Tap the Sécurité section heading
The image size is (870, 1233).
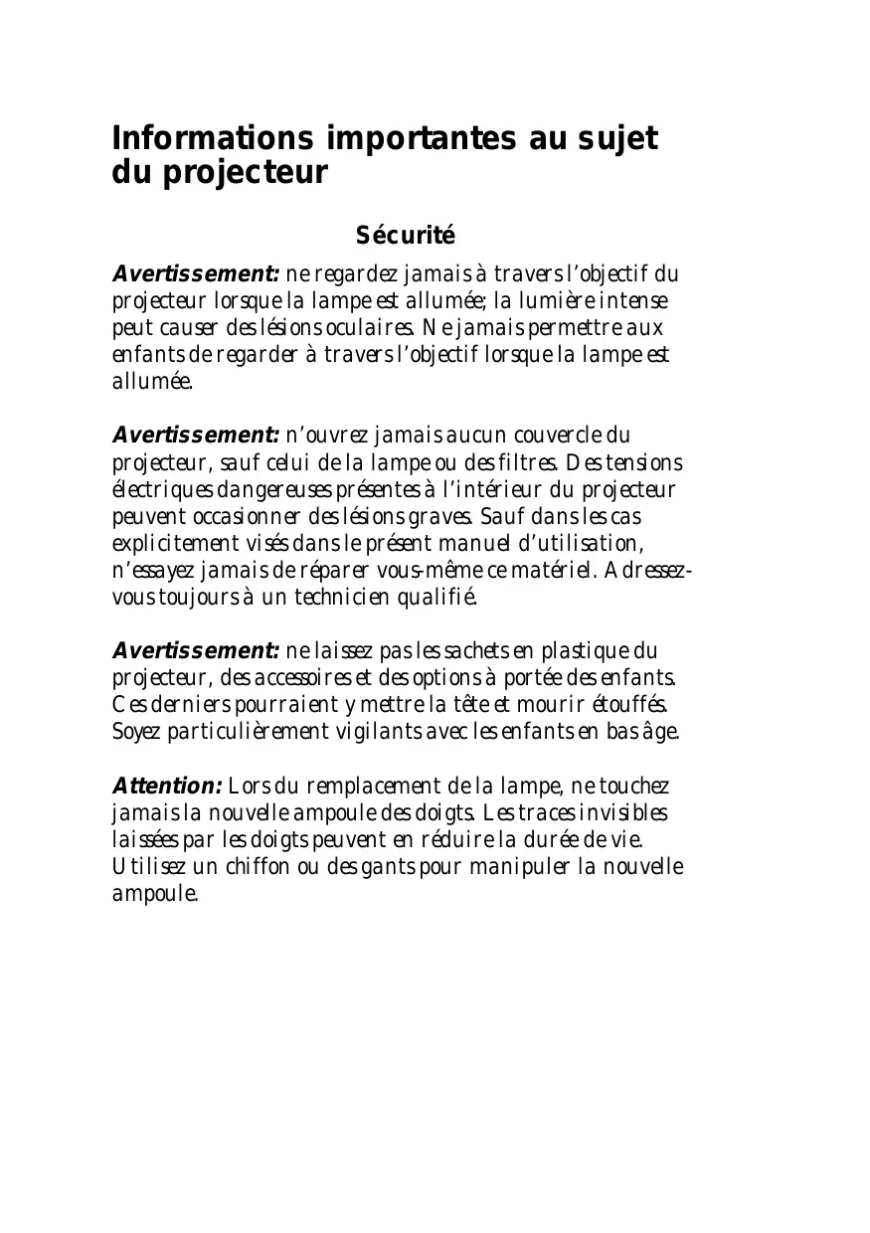(405, 236)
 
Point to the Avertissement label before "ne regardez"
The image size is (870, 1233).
(196, 273)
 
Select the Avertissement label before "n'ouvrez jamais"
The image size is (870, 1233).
(196, 436)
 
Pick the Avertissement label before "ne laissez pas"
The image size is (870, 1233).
(196, 651)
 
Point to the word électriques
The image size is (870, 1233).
(160, 489)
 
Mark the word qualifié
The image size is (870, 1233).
(438, 598)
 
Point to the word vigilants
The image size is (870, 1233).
(374, 732)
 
